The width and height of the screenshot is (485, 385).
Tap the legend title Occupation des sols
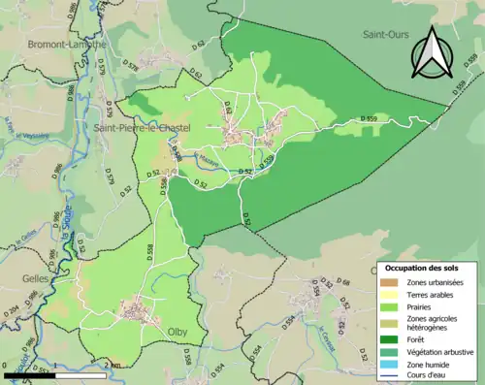420,267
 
